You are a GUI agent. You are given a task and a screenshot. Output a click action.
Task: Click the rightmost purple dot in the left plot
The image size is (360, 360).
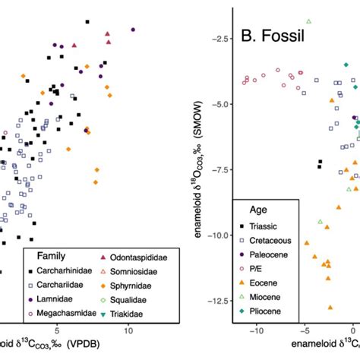(133, 30)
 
